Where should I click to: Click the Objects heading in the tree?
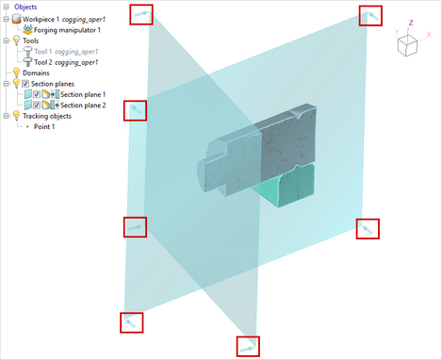[x=25, y=7]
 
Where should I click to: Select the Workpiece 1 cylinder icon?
[x=16, y=19]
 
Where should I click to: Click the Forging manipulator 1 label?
[x=67, y=30]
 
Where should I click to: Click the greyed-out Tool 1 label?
[x=66, y=52]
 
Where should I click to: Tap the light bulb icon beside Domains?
[x=16, y=73]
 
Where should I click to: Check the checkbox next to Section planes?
[x=25, y=84]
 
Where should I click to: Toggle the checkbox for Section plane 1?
[x=37, y=94]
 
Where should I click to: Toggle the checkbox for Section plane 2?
[x=37, y=105]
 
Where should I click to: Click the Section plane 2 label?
[x=83, y=106]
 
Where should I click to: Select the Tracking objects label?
[x=47, y=116]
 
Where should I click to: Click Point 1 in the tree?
[x=44, y=126]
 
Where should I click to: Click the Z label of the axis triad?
[x=411, y=23]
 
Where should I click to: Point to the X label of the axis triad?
[x=429, y=35]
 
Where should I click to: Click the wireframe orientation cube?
[x=407, y=46]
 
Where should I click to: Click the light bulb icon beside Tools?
[x=16, y=41]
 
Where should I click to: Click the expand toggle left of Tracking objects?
[x=6, y=116]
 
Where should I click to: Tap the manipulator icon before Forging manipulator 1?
[x=27, y=30]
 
